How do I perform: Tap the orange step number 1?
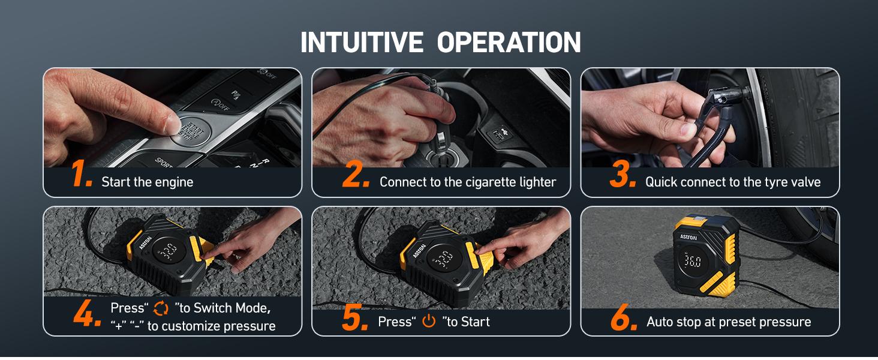coord(81,175)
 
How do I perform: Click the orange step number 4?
coord(88,316)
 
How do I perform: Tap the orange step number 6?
coord(623,316)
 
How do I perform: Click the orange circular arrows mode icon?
coord(161,308)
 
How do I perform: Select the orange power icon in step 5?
coord(429,322)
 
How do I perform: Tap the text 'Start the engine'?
coord(148,182)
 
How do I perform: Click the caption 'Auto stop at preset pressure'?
coord(729,322)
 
